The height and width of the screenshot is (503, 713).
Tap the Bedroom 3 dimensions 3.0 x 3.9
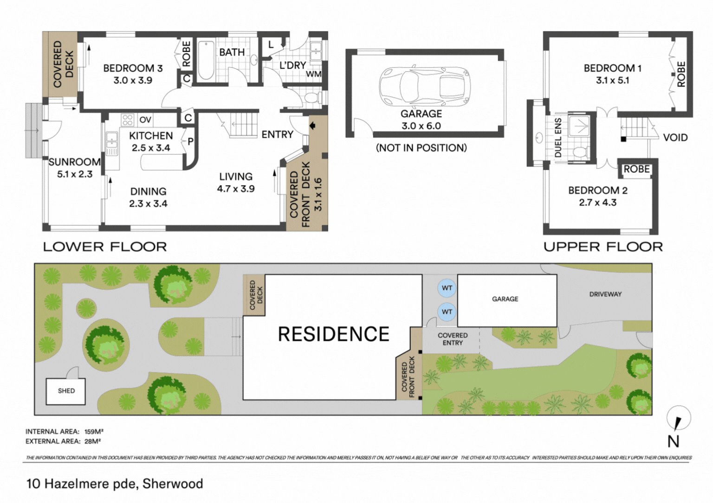(x=133, y=80)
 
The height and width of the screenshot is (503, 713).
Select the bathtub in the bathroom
(x=206, y=60)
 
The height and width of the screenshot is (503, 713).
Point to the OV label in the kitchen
(x=145, y=120)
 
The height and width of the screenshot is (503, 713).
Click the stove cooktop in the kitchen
(x=128, y=120)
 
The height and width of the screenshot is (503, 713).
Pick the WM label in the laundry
(x=314, y=74)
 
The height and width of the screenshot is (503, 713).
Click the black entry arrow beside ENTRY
(x=312, y=126)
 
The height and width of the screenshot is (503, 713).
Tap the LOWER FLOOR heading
(x=105, y=247)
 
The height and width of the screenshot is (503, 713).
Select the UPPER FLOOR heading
(x=603, y=247)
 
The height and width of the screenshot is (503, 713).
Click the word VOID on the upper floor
(x=675, y=138)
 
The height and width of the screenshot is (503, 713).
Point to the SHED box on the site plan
(x=65, y=391)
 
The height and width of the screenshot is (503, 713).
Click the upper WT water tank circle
(x=447, y=288)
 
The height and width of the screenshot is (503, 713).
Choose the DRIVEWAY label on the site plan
(x=605, y=294)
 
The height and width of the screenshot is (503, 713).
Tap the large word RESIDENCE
(x=334, y=334)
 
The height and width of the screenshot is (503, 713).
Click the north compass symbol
(x=679, y=418)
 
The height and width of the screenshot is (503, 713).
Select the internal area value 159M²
(x=94, y=432)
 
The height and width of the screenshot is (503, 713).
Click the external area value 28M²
(x=93, y=441)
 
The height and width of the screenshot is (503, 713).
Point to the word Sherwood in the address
(x=173, y=484)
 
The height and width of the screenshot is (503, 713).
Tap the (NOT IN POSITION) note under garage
(x=421, y=148)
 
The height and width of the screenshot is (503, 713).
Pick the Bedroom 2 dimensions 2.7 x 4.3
(x=598, y=203)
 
